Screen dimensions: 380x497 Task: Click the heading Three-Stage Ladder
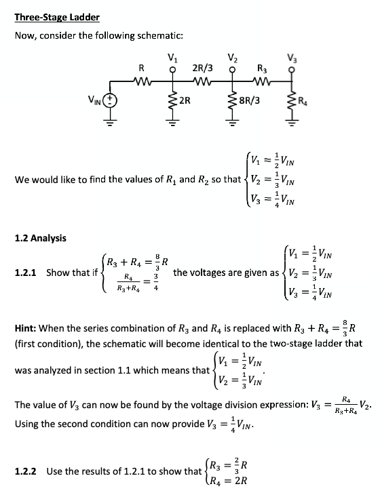(x=57, y=17)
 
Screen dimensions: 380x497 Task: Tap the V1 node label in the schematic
(x=172, y=58)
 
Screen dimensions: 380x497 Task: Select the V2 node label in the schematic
(x=233, y=58)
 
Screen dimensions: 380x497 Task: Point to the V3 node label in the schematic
(x=292, y=58)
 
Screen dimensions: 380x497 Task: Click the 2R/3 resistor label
(x=203, y=68)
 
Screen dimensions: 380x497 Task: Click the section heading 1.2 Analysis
(x=40, y=237)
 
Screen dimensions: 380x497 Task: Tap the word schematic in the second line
(x=160, y=35)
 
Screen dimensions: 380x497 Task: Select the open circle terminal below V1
(x=172, y=70)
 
